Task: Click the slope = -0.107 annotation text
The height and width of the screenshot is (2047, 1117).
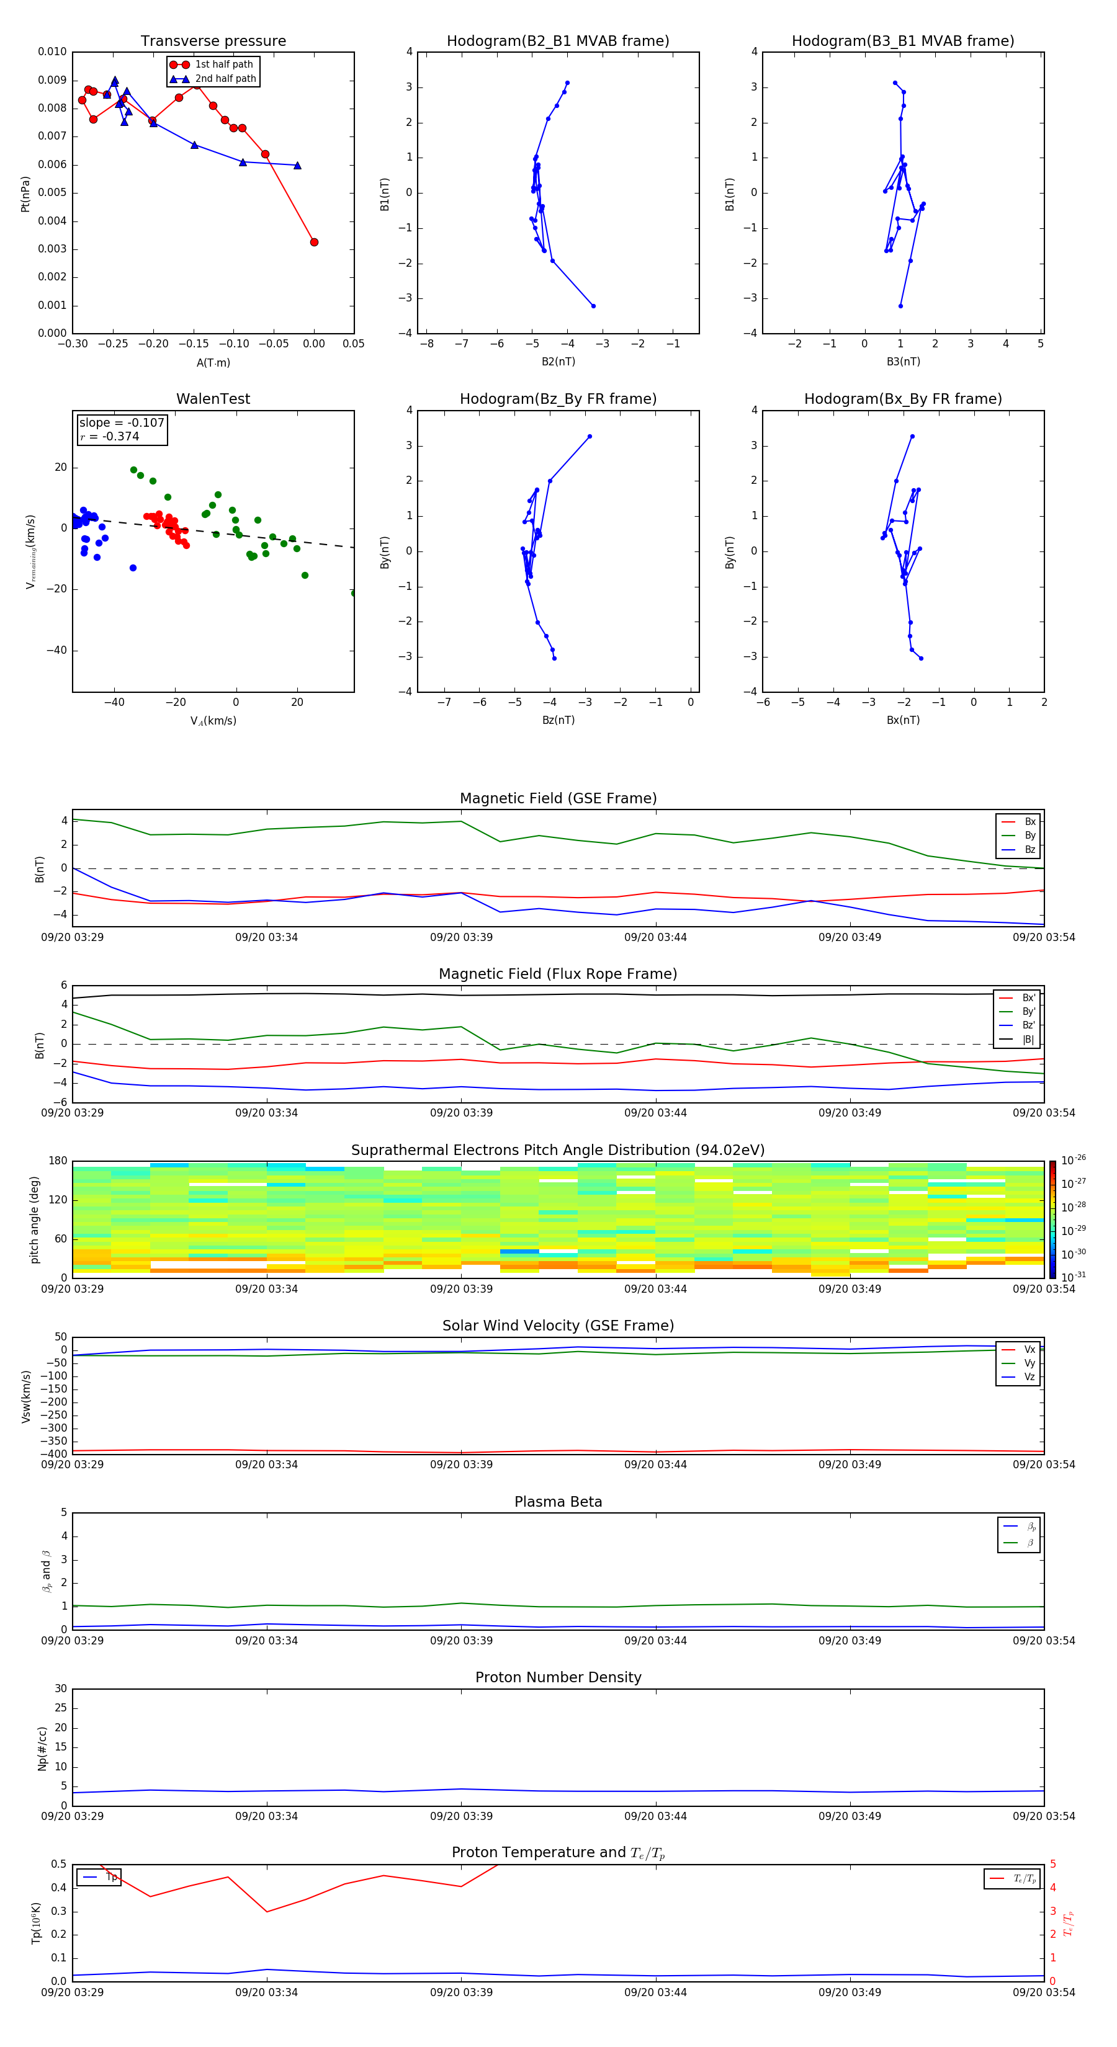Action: click(122, 423)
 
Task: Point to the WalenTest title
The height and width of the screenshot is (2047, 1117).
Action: click(213, 399)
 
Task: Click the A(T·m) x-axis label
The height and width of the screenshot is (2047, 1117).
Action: click(213, 363)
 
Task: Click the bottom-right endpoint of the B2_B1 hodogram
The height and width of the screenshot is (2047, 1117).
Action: click(593, 306)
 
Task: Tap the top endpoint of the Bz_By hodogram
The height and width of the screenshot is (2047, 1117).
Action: click(589, 436)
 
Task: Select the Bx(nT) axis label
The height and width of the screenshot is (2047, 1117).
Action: click(903, 720)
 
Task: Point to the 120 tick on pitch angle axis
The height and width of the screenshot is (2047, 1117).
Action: click(58, 1200)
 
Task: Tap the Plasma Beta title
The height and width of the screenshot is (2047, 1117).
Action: click(558, 1502)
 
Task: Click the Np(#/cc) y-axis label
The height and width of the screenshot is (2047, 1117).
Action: click(43, 1748)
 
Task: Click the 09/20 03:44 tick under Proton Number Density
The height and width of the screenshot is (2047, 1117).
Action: click(655, 1816)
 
